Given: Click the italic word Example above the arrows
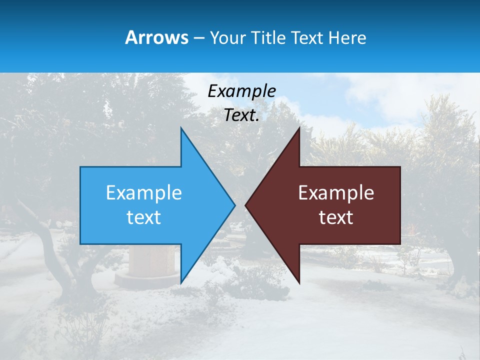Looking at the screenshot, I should click(241, 91).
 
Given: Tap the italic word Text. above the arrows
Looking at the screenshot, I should click(241, 115).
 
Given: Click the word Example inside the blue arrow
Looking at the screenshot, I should click(144, 192).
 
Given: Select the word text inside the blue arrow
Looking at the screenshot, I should click(143, 217).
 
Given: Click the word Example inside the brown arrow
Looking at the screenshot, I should click(336, 192).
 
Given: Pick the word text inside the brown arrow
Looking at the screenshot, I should click(336, 217).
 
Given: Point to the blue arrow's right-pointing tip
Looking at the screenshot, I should click(234, 205).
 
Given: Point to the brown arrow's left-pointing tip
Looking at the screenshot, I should click(246, 205).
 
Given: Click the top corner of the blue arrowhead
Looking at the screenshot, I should click(181, 128).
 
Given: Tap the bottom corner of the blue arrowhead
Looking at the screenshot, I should click(181, 282).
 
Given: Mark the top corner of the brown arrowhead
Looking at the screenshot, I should click(299, 128).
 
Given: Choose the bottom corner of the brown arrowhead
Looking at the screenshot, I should click(299, 282).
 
